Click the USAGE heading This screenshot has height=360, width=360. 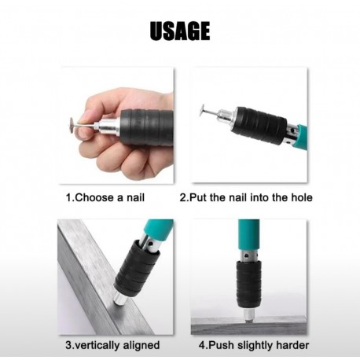pos(180,31)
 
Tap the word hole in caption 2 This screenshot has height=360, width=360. pos(301,197)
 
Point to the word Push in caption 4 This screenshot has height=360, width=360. pos(222,345)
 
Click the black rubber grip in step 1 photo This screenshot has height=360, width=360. pos(147,127)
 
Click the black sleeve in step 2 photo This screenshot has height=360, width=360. pos(259,125)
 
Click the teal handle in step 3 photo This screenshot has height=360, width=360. pos(159,229)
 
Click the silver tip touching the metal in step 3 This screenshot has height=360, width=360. pos(119,298)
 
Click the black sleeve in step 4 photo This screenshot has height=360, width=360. pos(248,284)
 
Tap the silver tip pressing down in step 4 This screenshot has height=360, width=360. pos(248,314)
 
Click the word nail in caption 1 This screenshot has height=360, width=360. pos(135,197)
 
